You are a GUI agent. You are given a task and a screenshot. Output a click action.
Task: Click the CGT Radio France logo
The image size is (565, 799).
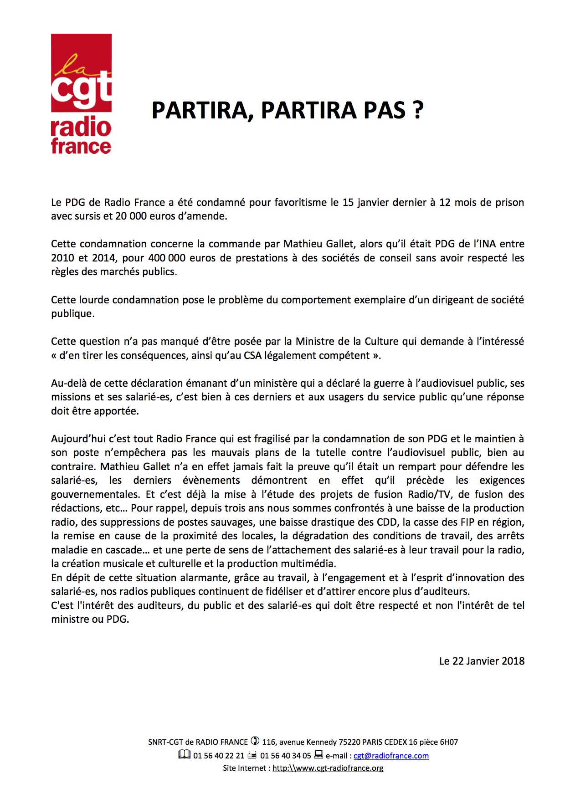click(x=81, y=94)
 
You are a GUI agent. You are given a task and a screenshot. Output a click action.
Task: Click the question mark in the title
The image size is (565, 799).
click(x=418, y=110)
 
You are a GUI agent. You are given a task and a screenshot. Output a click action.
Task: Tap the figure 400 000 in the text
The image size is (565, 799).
click(x=167, y=258)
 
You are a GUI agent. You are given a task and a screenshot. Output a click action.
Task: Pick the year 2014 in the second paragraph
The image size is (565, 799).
click(x=103, y=258)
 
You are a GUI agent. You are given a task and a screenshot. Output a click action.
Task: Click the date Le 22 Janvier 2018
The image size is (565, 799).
click(x=482, y=661)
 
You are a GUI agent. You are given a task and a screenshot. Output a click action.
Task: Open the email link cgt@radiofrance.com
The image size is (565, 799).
click(x=391, y=756)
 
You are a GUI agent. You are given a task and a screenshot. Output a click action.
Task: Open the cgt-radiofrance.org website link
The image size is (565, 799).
click(x=328, y=768)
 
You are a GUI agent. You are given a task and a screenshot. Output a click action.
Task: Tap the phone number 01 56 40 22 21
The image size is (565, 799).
click(x=219, y=756)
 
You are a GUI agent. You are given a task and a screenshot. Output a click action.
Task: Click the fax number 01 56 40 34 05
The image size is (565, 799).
click(x=286, y=756)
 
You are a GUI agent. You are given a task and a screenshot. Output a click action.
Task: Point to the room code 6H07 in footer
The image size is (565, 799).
click(x=449, y=742)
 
